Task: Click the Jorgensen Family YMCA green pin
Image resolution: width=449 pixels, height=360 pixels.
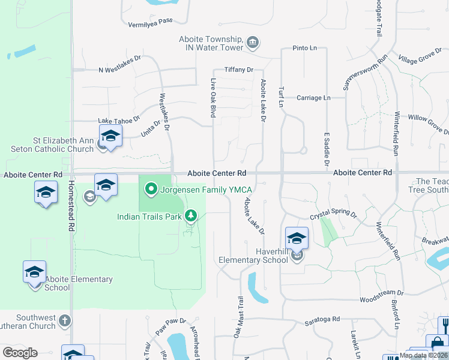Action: coord(151,190)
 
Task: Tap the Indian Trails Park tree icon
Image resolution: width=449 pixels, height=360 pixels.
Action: coord(191,215)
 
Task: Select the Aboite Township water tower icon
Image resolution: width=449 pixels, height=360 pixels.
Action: coord(253,43)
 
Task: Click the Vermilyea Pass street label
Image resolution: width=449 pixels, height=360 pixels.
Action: coord(150,21)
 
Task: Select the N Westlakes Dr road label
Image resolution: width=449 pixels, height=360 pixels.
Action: coord(119,70)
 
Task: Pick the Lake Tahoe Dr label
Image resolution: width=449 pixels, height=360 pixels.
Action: coord(119,119)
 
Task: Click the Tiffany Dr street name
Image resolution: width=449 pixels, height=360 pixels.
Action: coord(239,70)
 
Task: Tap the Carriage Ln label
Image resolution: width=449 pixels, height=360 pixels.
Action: coord(315,98)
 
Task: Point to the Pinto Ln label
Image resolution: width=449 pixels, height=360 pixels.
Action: coord(304,48)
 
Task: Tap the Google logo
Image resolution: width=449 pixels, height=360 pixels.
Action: coord(20,352)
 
